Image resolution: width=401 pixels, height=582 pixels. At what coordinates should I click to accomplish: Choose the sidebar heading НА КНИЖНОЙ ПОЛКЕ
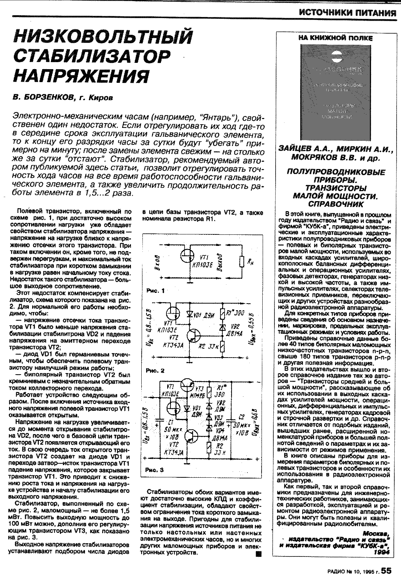pyautogui.click(x=336, y=38)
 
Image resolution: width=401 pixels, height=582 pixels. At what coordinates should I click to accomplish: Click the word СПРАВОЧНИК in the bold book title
pyautogui.click(x=336, y=204)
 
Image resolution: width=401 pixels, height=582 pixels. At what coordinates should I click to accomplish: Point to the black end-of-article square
pyautogui.click(x=258, y=553)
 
